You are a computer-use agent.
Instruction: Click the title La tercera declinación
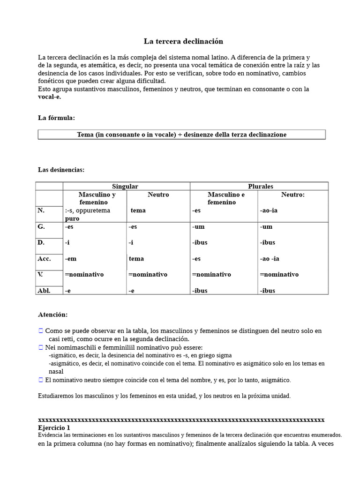[183, 41]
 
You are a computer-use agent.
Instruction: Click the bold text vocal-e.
[49, 97]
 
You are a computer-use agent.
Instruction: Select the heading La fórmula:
[56, 118]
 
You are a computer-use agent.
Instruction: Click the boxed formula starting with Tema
[181, 135]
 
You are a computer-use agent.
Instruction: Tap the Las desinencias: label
[61, 170]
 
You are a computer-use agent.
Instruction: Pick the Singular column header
[125, 186]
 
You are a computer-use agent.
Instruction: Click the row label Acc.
[44, 259]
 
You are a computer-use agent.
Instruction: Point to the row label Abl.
[44, 291]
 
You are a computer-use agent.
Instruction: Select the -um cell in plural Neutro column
[266, 227]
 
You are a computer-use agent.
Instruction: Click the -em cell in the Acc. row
[71, 259]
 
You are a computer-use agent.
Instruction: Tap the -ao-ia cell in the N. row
[269, 210]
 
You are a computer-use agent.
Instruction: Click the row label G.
[41, 227]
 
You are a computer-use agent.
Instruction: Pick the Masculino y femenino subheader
[97, 198]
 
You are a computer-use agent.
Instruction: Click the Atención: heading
[52, 315]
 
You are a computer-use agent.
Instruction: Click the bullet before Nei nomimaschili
[41, 347]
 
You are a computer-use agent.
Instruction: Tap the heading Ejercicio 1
[54, 428]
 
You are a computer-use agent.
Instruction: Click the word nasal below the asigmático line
[56, 371]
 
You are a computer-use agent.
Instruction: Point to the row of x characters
[181, 420]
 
